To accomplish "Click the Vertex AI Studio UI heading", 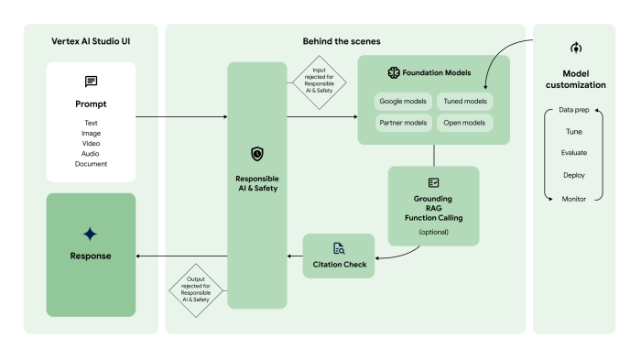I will click(90, 42).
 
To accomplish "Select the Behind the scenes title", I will click(341, 42).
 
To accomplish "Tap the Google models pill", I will click(403, 101).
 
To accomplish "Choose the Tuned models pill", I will click(465, 101).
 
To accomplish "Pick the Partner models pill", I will click(403, 122).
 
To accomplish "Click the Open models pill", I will click(465, 122).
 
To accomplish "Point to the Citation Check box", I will click(339, 256).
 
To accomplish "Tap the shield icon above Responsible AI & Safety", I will click(256, 154).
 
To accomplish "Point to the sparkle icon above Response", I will click(90, 235).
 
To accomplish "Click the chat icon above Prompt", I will click(91, 82).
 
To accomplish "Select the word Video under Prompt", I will click(91, 143).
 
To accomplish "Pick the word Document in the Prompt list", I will click(91, 164).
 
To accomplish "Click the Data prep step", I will click(574, 110).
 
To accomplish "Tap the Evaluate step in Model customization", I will click(574, 153).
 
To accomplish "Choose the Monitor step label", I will click(574, 197).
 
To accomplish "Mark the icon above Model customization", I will click(575, 48).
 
